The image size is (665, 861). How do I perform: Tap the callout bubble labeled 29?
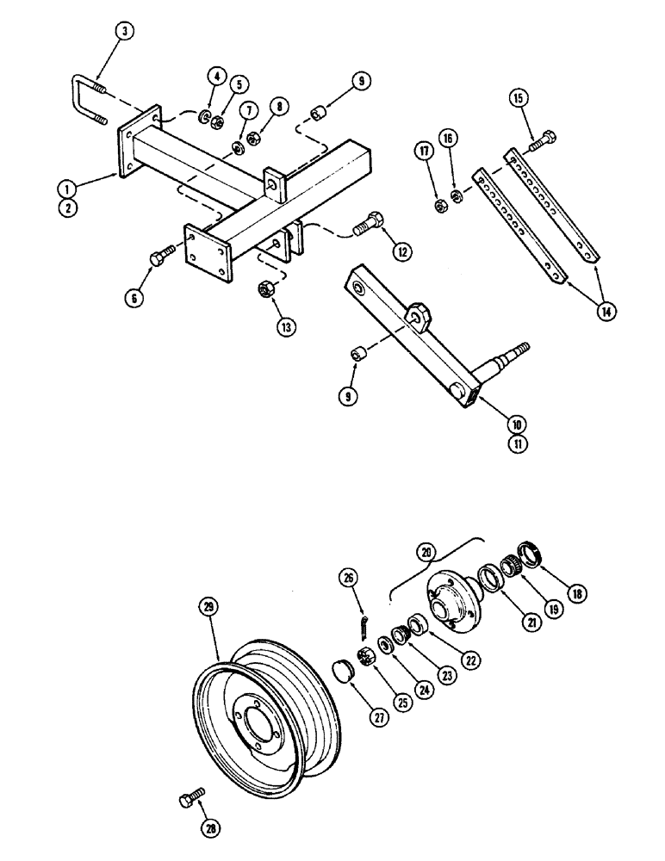click(x=206, y=606)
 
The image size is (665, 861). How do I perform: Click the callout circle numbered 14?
click(x=609, y=313)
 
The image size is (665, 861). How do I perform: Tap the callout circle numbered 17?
click(x=425, y=152)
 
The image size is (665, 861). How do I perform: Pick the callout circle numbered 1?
click(x=66, y=185)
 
